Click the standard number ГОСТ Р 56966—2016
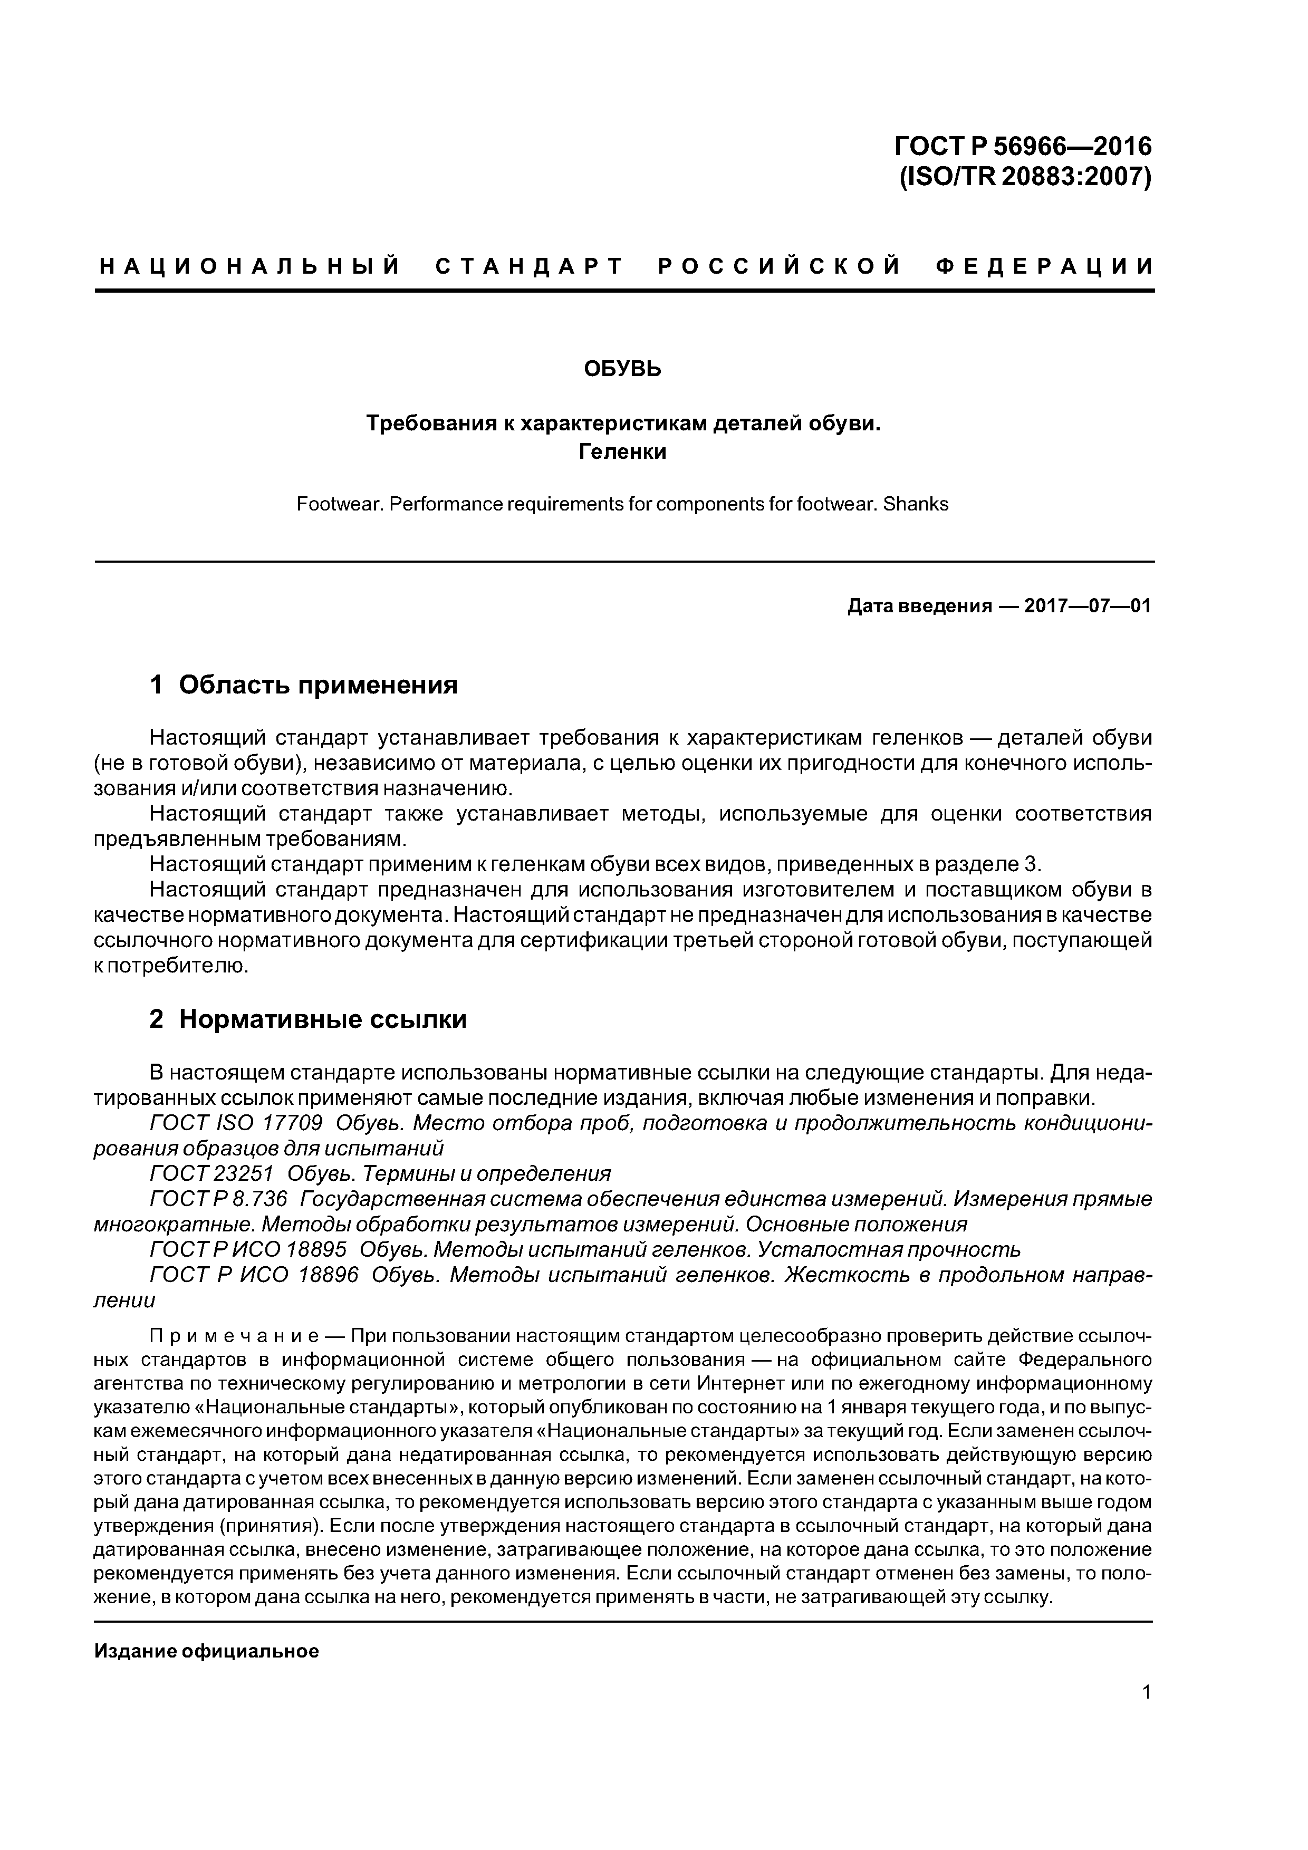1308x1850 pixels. pos(1023,146)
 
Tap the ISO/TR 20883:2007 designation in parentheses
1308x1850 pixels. pos(1024,176)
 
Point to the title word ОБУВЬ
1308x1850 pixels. pos(622,369)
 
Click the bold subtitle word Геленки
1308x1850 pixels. pos(622,452)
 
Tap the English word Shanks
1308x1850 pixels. pos(916,504)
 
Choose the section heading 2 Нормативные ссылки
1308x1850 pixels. pos(308,1019)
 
